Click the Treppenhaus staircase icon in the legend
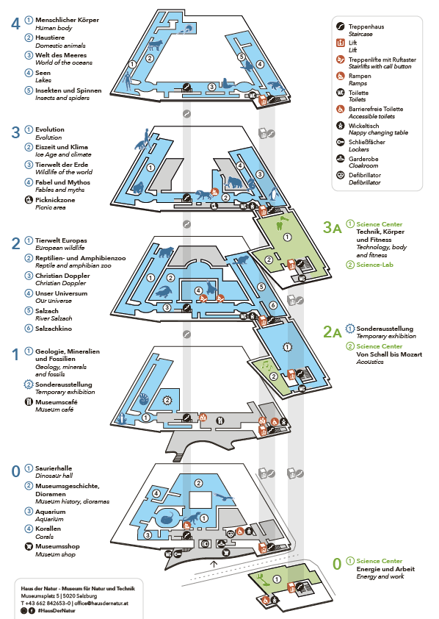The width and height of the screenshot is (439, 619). tap(340, 26)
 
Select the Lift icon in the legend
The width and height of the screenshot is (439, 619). tap(340, 43)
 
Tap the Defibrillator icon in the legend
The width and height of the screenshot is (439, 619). tap(340, 175)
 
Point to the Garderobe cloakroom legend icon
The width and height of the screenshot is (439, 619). tap(340, 159)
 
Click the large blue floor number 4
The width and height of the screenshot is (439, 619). tap(15, 24)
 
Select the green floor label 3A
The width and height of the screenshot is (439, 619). tap(332, 227)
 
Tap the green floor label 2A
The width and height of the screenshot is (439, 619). tap(332, 332)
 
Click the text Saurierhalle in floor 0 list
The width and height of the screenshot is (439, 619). tap(54, 468)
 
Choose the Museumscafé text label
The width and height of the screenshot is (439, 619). tap(57, 402)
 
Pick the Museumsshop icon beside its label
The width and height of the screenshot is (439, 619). tap(29, 546)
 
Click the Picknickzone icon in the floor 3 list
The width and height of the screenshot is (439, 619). tap(29, 200)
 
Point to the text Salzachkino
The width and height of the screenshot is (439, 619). tap(54, 329)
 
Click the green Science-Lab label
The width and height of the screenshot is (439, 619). tap(375, 265)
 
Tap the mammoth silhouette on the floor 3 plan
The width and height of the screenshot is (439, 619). tap(233, 182)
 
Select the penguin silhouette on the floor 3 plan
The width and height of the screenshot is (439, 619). tap(275, 194)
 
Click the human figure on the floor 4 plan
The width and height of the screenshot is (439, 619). tap(127, 81)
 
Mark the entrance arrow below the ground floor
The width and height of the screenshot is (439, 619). tap(214, 564)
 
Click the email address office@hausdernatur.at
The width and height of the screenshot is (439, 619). tap(101, 604)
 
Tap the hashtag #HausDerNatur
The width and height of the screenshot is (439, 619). tap(57, 611)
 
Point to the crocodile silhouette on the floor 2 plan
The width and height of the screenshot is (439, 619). tap(164, 292)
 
